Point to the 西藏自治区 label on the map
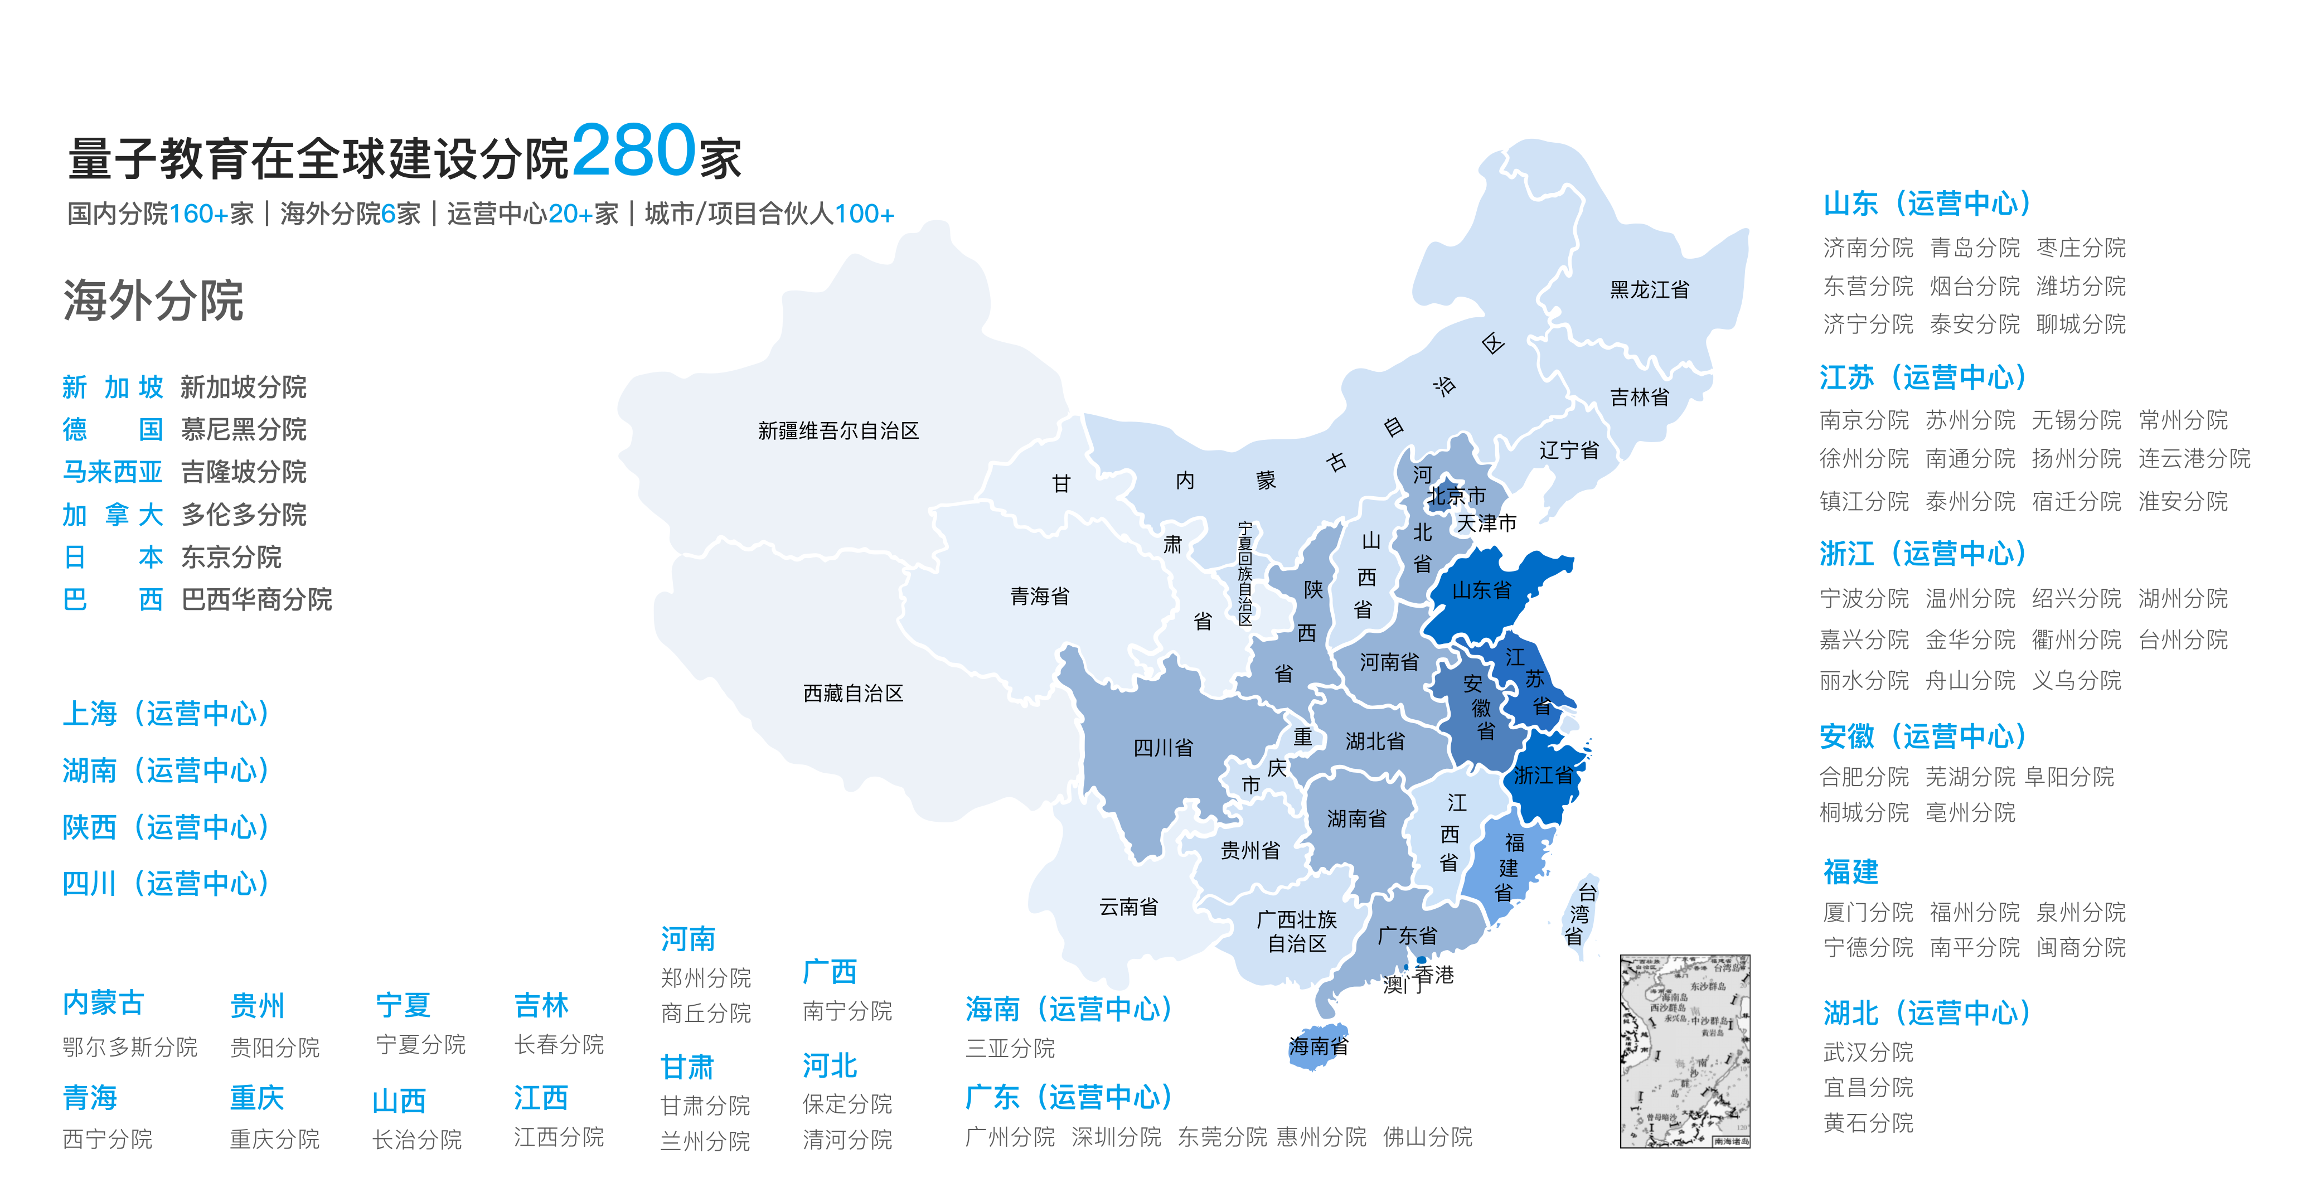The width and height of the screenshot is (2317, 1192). click(852, 692)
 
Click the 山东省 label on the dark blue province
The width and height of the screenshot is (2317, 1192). click(1481, 590)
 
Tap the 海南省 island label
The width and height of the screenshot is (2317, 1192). click(1318, 1046)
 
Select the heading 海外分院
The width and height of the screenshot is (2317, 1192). click(153, 299)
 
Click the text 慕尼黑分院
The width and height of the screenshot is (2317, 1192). click(244, 429)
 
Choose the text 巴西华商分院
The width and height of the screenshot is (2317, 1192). click(256, 599)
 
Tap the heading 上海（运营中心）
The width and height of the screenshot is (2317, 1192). click(166, 714)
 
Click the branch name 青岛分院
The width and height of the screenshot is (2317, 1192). click(1974, 248)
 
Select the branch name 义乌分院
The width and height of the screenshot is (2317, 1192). click(2076, 680)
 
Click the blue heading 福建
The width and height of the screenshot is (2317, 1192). click(1850, 871)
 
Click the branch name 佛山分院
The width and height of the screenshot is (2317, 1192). click(1427, 1137)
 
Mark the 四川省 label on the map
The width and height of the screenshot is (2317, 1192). click(1163, 748)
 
